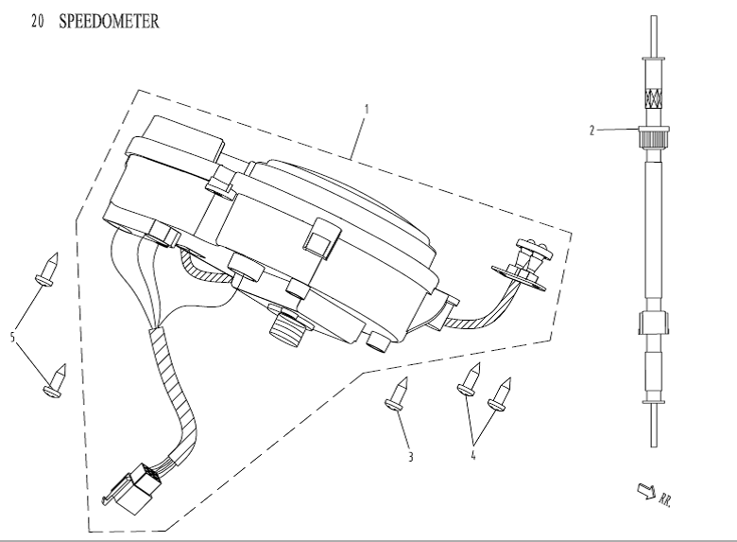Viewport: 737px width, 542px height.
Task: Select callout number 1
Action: pyautogui.click(x=367, y=108)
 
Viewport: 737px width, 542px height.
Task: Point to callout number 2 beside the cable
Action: pyautogui.click(x=592, y=131)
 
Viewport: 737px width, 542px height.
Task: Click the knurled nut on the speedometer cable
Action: pyautogui.click(x=654, y=139)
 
